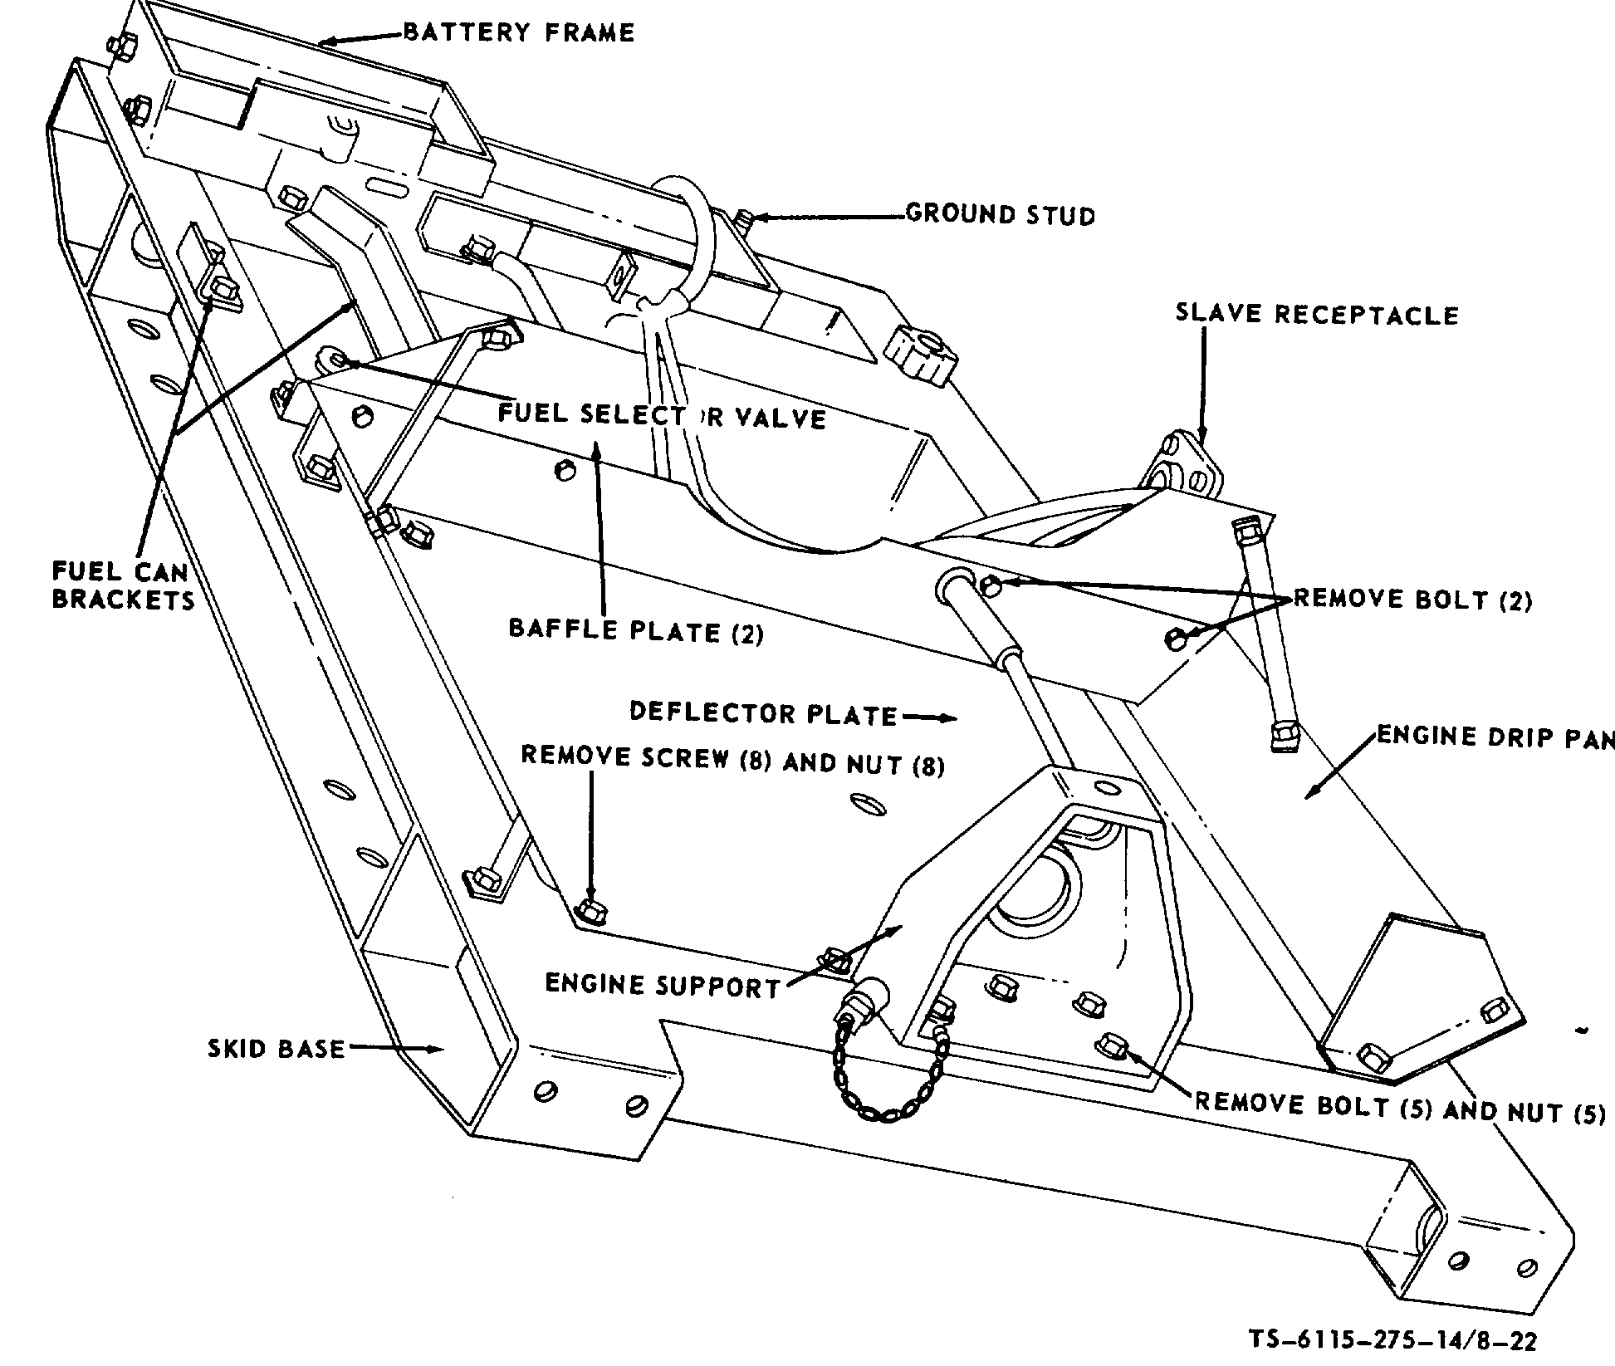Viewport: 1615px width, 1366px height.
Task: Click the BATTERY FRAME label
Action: click(x=519, y=33)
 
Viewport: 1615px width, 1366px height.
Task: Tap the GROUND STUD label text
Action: click(x=1000, y=215)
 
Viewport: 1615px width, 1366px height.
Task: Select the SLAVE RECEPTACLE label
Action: click(x=1316, y=315)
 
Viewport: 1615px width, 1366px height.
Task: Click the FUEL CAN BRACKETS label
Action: click(x=122, y=585)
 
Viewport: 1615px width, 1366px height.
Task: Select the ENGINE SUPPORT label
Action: click(x=662, y=986)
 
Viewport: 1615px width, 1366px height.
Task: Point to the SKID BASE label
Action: click(x=276, y=1049)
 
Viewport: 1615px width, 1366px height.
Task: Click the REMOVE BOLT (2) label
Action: click(x=1412, y=600)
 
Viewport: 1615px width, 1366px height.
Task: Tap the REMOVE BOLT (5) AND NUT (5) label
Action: click(x=1399, y=1109)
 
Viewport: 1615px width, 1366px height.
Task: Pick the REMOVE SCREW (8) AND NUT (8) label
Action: click(x=732, y=760)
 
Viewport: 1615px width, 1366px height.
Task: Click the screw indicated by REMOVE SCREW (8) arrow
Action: click(x=590, y=912)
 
